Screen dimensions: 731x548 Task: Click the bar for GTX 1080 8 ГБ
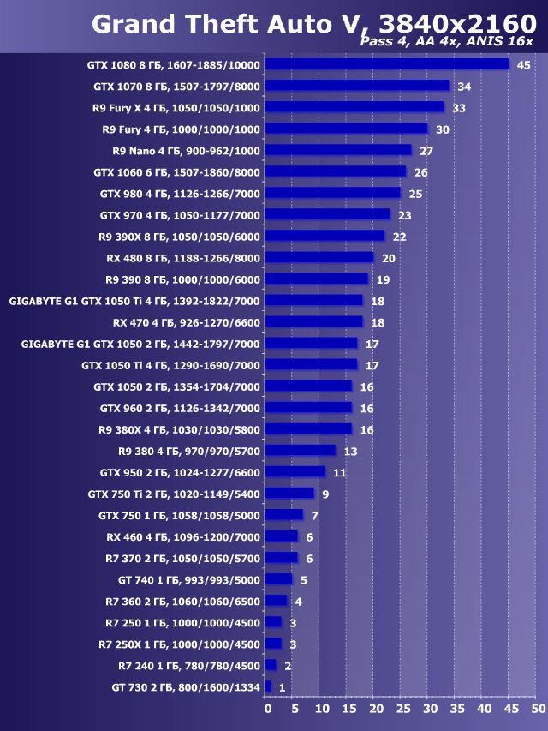387,64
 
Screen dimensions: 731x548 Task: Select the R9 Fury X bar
354,107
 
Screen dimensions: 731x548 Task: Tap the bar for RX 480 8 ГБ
319,257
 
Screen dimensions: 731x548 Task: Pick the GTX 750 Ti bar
289,494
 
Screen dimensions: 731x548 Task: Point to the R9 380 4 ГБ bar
301,451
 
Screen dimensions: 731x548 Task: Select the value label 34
464,87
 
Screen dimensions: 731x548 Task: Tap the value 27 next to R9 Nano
426,151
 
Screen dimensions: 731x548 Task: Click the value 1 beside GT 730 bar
282,687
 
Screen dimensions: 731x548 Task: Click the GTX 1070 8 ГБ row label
176,87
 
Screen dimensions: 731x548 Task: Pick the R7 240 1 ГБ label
188,665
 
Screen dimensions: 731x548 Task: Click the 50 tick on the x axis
537,710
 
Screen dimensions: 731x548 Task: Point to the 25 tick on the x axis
402,710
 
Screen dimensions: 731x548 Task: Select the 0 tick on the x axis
267,710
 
